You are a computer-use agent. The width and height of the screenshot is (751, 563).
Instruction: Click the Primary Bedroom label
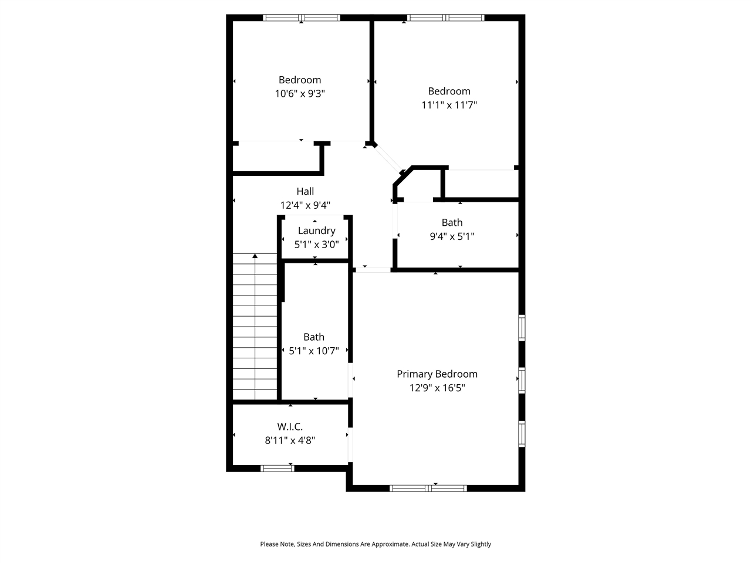pos(437,374)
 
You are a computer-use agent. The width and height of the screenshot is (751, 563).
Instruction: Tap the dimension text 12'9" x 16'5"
pos(437,388)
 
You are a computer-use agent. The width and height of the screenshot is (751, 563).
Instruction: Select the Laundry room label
pos(316,231)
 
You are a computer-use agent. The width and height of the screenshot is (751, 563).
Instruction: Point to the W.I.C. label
pos(290,427)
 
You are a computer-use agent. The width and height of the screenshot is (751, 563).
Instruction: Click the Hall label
pos(305,191)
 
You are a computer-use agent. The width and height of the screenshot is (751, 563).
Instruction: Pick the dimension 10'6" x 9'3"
pos(300,94)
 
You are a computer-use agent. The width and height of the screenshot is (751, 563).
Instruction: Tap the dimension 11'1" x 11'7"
pos(449,105)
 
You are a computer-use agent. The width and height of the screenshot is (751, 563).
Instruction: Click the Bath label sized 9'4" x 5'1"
pos(452,223)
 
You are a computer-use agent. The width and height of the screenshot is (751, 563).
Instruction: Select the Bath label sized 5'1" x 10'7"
pos(314,337)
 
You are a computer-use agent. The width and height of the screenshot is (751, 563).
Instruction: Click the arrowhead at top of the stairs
pos(255,256)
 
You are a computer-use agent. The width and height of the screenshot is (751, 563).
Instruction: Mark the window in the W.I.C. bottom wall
pos(278,468)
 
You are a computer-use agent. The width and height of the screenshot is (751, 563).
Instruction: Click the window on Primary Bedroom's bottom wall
pos(428,488)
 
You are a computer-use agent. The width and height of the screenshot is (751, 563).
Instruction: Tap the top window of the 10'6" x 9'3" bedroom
pos(302,18)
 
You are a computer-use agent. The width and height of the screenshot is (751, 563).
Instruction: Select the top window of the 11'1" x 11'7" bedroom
pos(446,18)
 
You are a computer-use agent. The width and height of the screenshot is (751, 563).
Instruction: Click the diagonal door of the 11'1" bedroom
pos(387,157)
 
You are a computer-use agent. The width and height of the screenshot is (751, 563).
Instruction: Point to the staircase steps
pos(255,328)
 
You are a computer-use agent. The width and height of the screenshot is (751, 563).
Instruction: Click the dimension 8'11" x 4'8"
pos(290,440)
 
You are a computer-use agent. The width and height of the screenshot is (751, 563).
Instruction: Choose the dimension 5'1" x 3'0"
pos(316,245)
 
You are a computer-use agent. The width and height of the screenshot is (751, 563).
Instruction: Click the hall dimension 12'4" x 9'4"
pos(305,205)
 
